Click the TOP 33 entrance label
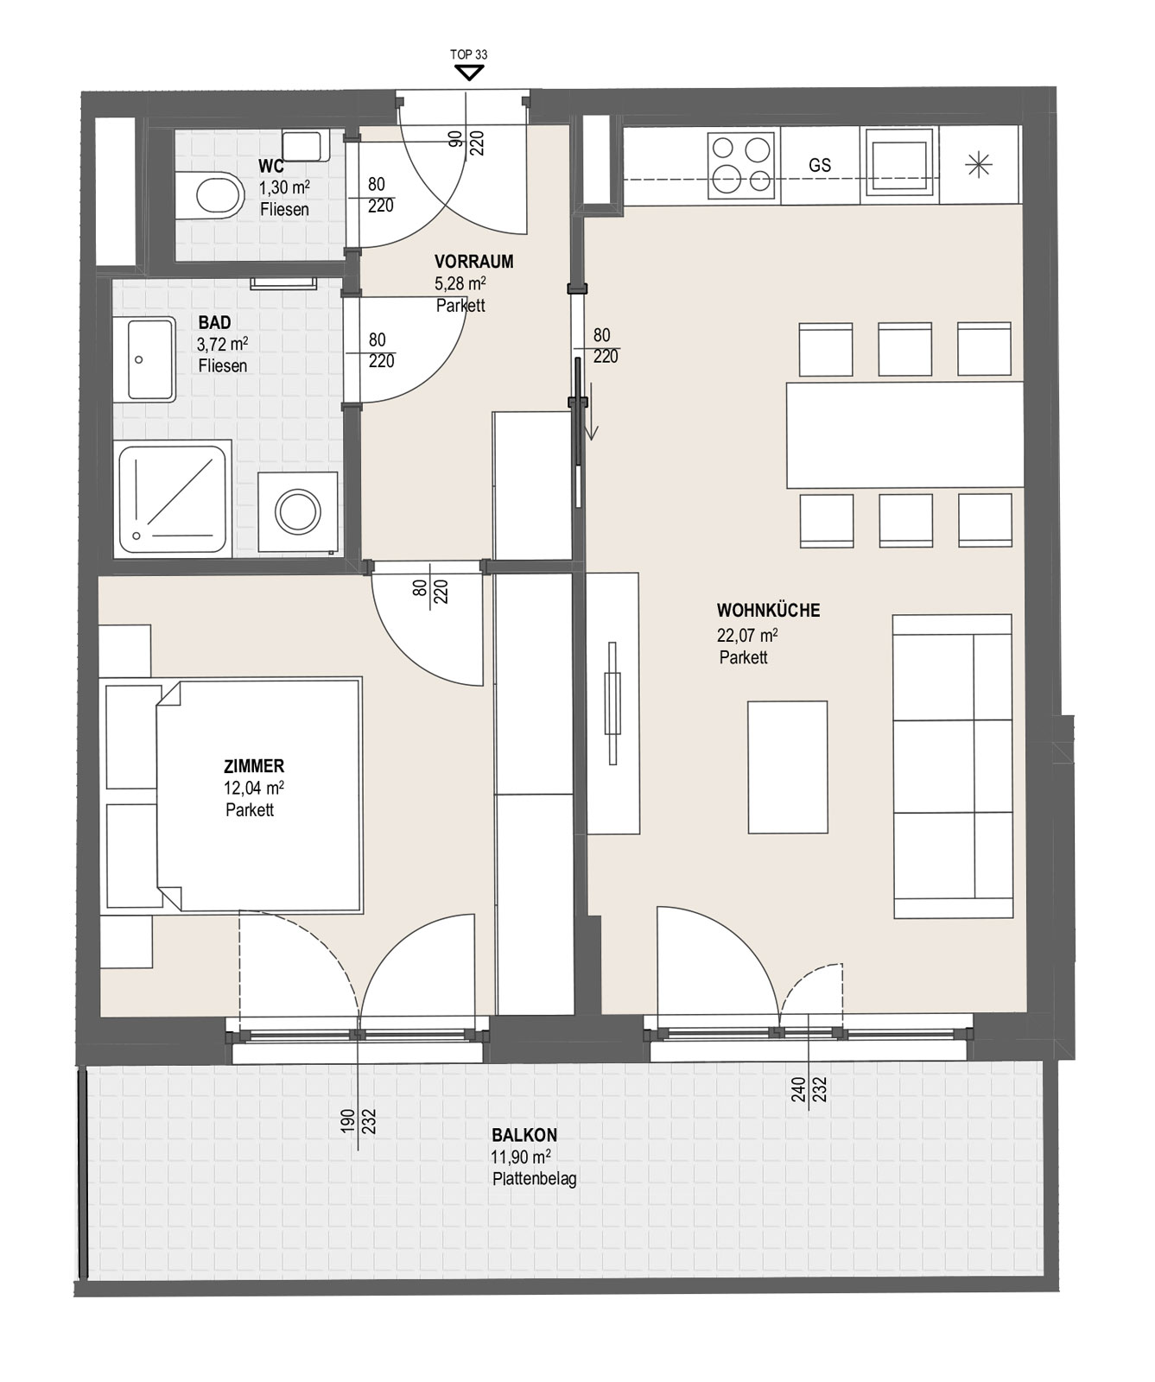coord(469,54)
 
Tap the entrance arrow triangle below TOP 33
coord(469,73)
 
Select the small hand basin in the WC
coord(302,144)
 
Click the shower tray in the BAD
coord(173,498)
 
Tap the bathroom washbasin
coord(152,359)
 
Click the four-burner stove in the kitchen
coord(740,162)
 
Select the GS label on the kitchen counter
coord(820,164)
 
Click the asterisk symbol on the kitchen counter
coord(978,164)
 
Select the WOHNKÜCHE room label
coord(768,611)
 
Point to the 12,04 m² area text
coord(254,788)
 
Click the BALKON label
coord(524,1136)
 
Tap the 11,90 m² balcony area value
coord(522,1157)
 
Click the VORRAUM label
coord(474,261)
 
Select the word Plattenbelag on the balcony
coord(535,1179)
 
